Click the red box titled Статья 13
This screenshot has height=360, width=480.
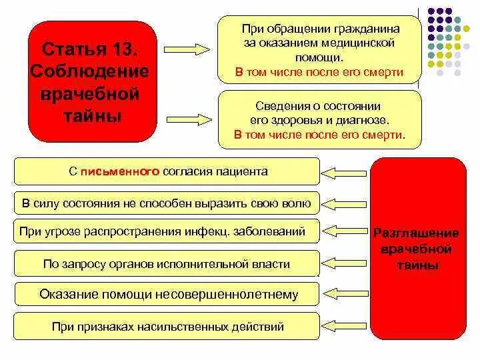tap(93, 81)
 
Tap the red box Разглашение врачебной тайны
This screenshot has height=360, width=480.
tap(417, 248)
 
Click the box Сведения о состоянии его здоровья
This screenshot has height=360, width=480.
tap(319, 119)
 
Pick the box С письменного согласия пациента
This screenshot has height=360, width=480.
tap(167, 171)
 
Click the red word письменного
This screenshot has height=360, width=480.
tap(120, 171)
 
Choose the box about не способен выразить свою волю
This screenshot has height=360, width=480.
tap(167, 202)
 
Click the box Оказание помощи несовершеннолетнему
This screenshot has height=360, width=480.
tap(167, 294)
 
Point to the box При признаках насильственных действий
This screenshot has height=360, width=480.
tap(167, 327)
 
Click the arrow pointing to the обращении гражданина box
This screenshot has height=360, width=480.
tap(187, 50)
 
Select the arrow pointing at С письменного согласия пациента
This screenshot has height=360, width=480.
tap(345, 172)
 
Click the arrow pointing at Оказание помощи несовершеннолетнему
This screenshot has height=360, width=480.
tap(345, 295)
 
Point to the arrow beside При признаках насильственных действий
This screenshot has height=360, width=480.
tap(345, 327)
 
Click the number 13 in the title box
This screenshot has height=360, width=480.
tap(129, 49)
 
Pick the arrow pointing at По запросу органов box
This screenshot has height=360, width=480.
tap(345, 264)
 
